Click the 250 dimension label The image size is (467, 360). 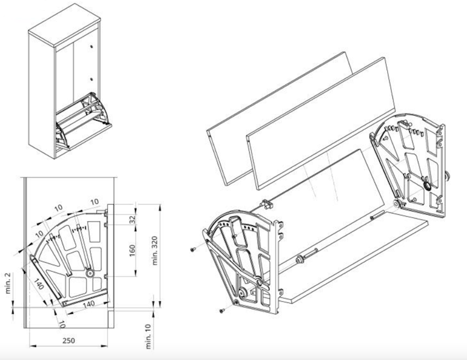click(x=68, y=340)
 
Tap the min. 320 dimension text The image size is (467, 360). click(x=155, y=250)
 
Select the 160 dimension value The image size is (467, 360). click(x=132, y=250)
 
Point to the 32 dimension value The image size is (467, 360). click(x=132, y=220)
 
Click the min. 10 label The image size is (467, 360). click(x=149, y=336)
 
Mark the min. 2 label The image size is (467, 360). click(x=7, y=283)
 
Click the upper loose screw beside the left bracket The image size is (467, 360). click(x=193, y=250)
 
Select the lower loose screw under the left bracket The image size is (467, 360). click(x=221, y=311)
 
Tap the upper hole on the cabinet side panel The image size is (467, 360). click(x=91, y=47)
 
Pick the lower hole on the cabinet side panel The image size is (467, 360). click(x=91, y=79)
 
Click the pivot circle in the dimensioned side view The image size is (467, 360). click(x=89, y=273)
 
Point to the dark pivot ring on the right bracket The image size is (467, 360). click(x=427, y=187)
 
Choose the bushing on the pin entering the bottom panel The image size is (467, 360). click(x=299, y=259)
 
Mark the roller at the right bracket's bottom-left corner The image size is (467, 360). click(x=396, y=203)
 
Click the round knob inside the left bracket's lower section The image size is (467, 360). click(x=243, y=293)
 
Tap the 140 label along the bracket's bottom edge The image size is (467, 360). click(x=88, y=304)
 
